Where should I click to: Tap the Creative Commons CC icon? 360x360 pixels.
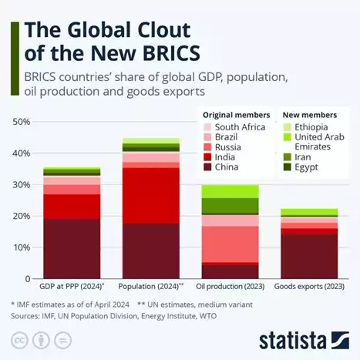20,339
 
